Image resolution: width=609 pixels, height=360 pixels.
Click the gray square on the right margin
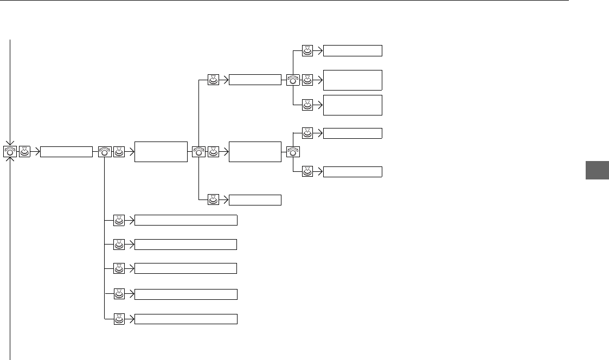[597, 171]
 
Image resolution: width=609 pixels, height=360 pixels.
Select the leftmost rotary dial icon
[10, 152]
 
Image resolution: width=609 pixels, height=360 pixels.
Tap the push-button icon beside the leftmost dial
[25, 152]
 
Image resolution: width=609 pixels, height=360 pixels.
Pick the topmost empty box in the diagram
[352, 51]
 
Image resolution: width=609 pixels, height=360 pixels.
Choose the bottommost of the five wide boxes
[185, 319]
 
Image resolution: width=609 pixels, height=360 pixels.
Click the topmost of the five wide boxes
[185, 220]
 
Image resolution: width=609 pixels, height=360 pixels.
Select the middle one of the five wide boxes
[185, 268]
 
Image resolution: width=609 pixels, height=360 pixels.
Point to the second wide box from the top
[185, 245]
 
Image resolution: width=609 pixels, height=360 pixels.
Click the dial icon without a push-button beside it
[293, 152]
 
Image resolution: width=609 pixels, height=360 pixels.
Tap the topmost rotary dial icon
[293, 80]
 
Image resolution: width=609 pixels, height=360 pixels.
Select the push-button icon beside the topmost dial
[307, 80]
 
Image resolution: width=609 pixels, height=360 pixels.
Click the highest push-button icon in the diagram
[307, 51]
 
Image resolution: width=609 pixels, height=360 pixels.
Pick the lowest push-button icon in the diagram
[119, 319]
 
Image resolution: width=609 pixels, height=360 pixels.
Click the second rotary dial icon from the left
[105, 152]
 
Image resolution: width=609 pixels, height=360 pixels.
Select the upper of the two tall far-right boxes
[352, 80]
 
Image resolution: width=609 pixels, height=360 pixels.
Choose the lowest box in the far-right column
[352, 172]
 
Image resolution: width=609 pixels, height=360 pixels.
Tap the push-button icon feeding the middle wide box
[119, 268]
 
